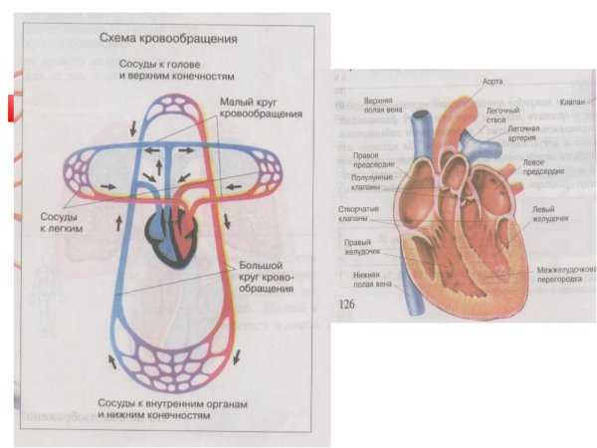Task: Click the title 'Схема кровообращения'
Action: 167,39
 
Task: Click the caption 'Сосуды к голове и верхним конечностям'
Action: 175,70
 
